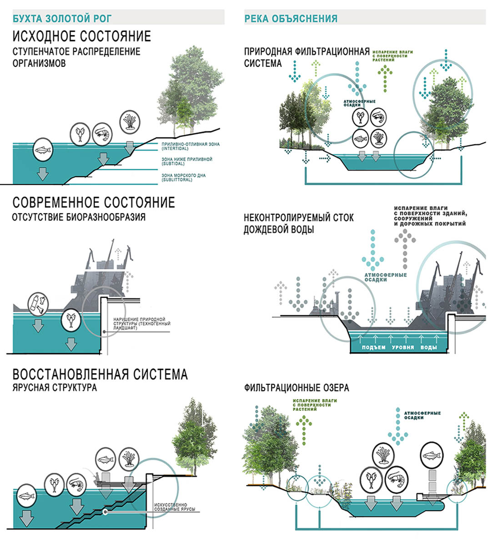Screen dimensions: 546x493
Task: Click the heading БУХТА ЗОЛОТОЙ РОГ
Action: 62,19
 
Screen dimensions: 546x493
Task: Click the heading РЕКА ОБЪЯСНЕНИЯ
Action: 291,19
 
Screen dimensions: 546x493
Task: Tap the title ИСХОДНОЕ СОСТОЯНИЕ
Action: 82,36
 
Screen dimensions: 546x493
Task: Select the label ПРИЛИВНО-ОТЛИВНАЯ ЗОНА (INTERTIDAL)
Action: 191,146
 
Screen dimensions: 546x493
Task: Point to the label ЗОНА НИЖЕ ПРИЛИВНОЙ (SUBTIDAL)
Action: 186,162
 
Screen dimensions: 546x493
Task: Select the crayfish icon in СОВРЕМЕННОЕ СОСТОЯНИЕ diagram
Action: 71,319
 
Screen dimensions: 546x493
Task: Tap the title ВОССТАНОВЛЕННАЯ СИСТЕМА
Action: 100,374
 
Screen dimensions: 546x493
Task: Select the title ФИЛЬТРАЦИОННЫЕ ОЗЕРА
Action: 297,388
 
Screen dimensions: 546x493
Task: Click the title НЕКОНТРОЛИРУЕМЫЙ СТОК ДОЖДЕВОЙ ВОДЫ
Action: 298,223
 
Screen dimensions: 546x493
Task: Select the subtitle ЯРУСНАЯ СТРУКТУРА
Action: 55,388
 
